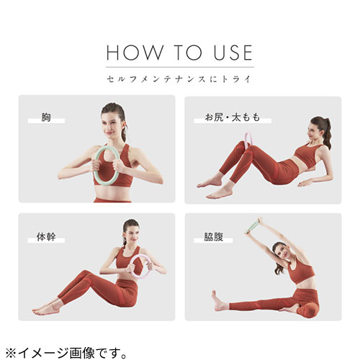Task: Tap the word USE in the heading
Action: [x=233, y=53]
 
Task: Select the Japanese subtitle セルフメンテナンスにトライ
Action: [x=179, y=79]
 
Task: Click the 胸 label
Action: [x=46, y=117]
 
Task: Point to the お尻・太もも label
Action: [x=233, y=117]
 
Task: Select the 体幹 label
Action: [x=46, y=237]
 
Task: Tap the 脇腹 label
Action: [x=214, y=237]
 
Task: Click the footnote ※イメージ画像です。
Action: [x=66, y=353]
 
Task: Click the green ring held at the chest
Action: [x=94, y=166]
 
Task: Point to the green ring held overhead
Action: [x=252, y=227]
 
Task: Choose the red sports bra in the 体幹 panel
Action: [x=128, y=261]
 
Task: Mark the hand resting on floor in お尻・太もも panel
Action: [x=305, y=184]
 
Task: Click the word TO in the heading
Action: [x=189, y=53]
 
